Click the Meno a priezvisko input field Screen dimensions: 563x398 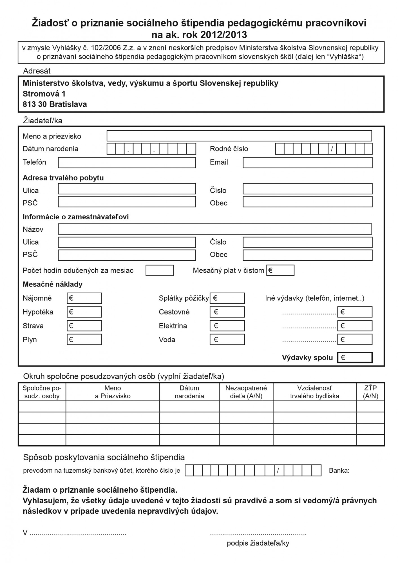(239, 136)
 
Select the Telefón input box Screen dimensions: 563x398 (127, 162)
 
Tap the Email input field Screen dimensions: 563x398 (307, 162)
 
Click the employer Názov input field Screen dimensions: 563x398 (215, 229)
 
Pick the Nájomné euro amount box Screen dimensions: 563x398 (84, 298)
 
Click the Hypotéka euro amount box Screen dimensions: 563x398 (84, 312)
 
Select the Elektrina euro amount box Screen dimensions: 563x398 (227, 326)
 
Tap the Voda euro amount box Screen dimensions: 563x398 (227, 339)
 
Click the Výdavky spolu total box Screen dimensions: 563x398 (355, 358)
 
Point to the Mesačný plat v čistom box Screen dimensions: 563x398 (280, 270)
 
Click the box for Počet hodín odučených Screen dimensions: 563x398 (160, 270)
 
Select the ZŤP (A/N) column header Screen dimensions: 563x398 (370, 392)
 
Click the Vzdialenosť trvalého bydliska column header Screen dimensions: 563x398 (314, 392)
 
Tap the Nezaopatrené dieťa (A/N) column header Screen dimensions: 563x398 (246, 392)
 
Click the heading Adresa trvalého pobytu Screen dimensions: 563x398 (63, 178)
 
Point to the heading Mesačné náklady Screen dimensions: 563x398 (53, 284)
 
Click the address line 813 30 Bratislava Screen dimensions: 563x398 (55, 104)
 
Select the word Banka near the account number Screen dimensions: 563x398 (339, 470)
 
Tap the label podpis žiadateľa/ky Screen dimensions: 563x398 (258, 543)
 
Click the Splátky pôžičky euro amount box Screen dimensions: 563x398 (227, 298)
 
